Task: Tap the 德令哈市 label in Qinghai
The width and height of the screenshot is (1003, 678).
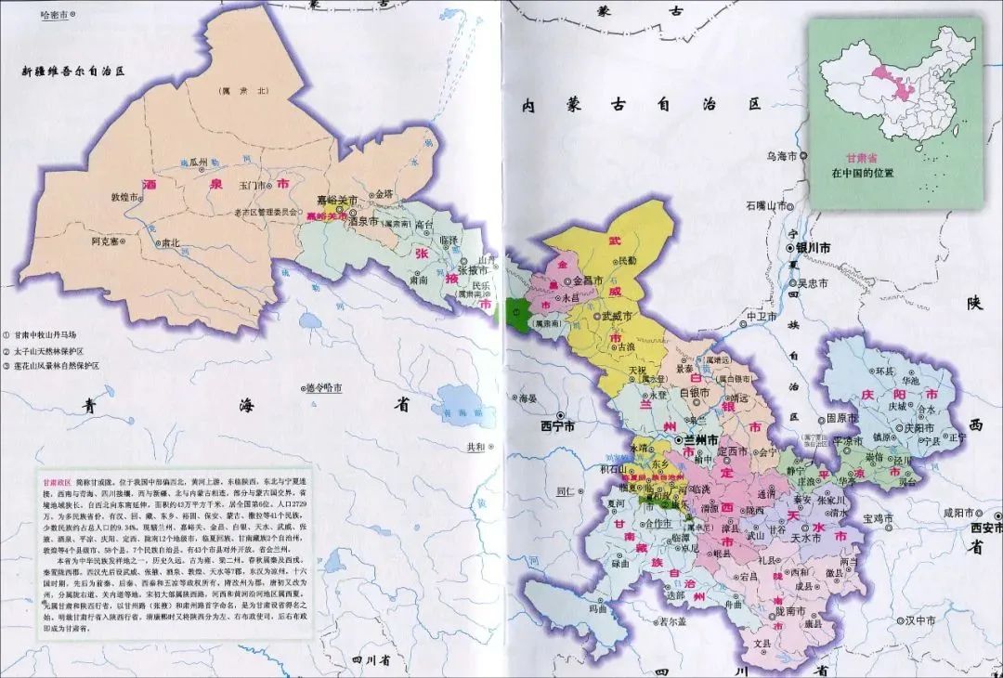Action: pyautogui.click(x=325, y=387)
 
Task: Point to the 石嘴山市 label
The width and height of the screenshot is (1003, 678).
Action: pyautogui.click(x=765, y=205)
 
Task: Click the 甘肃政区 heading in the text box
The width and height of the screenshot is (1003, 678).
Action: pyautogui.click(x=56, y=483)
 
